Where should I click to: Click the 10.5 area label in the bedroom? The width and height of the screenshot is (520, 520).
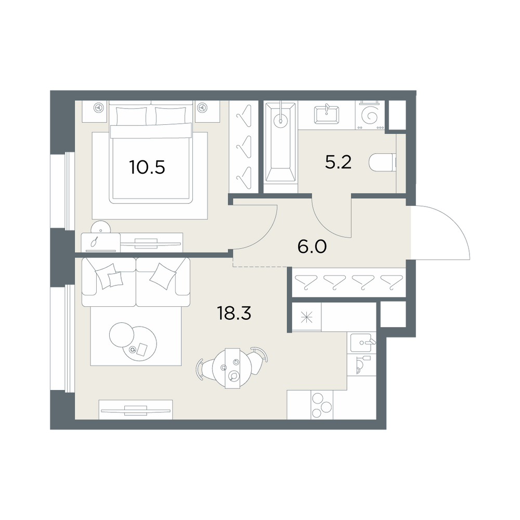point(147,167)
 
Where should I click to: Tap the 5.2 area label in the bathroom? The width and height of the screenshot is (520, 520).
point(338,162)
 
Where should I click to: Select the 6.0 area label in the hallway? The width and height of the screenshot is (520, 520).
point(312,246)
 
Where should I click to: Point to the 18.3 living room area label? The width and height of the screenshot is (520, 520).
point(234,313)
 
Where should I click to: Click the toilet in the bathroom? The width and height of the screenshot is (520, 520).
point(382,162)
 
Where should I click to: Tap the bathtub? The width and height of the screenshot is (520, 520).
point(281,142)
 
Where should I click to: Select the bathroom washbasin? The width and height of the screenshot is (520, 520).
point(327,114)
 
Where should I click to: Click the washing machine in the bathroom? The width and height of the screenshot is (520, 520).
point(370,115)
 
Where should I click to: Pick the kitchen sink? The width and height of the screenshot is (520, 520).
point(362,343)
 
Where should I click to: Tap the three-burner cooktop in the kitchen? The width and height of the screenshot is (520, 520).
point(321,405)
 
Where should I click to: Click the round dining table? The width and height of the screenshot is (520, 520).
point(232,369)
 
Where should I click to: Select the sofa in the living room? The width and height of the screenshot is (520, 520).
point(136,282)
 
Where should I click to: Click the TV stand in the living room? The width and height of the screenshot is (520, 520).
point(136,410)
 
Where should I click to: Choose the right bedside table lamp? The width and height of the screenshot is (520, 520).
point(202,108)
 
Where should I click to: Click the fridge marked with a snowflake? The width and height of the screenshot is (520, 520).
point(306,318)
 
